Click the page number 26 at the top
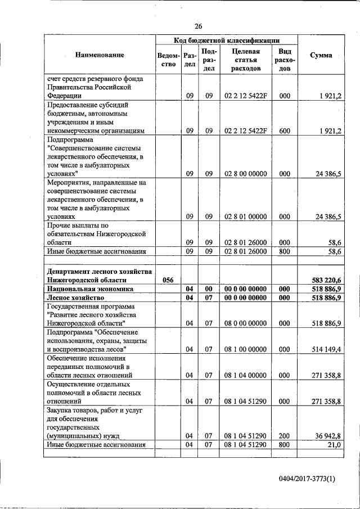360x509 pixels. tap(198, 26)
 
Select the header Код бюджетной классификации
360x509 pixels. tap(227, 40)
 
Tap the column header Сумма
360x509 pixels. tap(321, 55)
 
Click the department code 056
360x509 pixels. tap(168, 280)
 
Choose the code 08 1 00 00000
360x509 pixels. tap(245, 349)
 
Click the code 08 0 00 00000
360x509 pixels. tap(245, 323)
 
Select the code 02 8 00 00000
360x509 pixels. tap(245, 174)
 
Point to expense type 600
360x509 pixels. tap(285, 130)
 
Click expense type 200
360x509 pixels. tap(285, 436)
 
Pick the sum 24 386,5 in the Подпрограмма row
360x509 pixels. tap(328, 174)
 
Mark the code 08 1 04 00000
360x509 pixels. tap(245, 375)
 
